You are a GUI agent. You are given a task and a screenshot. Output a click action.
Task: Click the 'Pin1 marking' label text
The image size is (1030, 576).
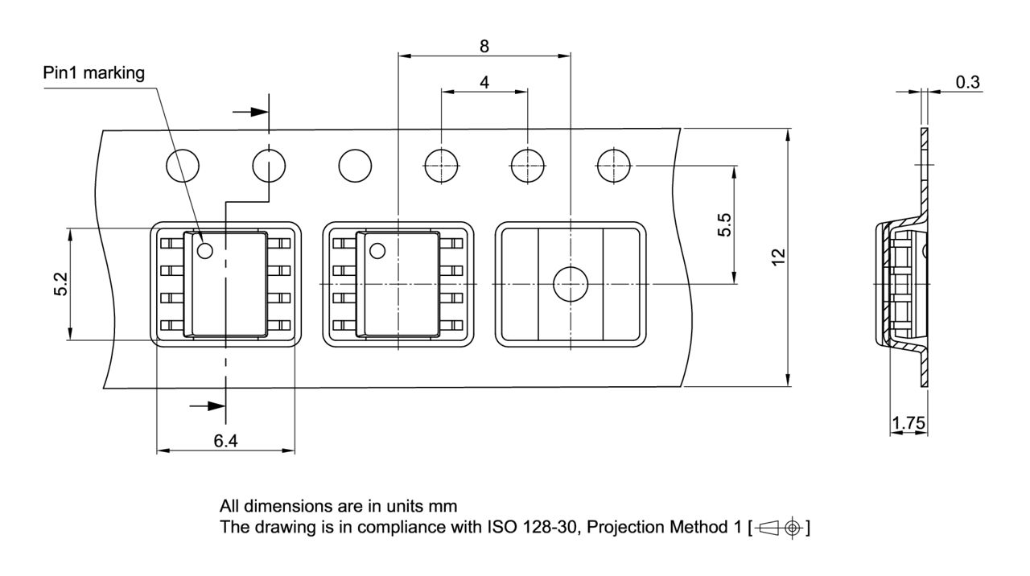[93, 73]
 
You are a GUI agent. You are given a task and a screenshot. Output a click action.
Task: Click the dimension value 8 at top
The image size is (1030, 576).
[484, 46]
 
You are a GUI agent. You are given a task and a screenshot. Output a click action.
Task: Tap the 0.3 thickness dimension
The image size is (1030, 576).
[966, 81]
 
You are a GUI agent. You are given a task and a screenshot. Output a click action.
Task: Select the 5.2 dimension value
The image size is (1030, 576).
[60, 284]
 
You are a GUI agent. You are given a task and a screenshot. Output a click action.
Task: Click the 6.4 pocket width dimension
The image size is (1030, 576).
[225, 440]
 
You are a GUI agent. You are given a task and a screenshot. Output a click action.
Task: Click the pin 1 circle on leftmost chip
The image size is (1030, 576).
[204, 251]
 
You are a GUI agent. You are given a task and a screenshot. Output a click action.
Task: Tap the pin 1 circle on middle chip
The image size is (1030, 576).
[377, 251]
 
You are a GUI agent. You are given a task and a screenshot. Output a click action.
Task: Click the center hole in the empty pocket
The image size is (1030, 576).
[570, 284]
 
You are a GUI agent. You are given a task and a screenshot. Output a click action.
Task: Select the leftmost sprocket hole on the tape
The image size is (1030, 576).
[183, 167]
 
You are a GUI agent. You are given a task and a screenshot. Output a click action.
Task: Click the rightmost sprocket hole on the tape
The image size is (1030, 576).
[613, 167]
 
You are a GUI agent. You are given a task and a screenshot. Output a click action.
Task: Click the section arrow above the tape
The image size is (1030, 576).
[251, 112]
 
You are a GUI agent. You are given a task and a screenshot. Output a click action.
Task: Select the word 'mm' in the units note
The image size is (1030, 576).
[444, 507]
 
